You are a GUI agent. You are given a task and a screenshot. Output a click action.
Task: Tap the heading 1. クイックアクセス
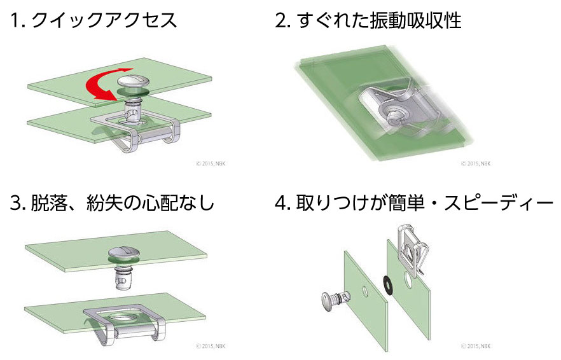[93, 21]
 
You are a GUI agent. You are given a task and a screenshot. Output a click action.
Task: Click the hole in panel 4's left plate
[365, 292]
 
